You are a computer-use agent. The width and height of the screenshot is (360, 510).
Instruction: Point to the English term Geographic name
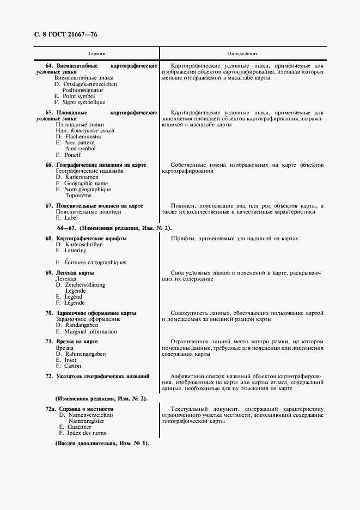(82, 184)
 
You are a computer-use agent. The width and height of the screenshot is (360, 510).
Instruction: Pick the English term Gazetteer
(75, 427)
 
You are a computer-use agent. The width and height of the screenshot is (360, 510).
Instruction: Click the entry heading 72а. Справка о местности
(79, 409)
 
